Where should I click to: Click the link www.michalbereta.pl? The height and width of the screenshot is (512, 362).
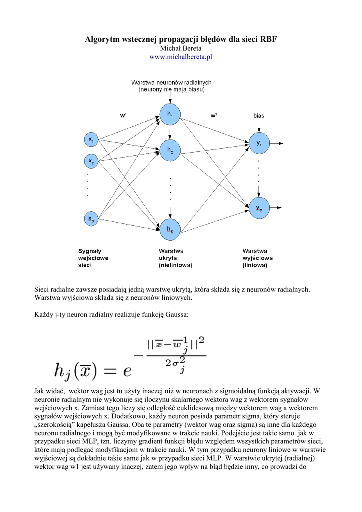click(x=181, y=57)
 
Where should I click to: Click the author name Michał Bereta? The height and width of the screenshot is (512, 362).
click(x=181, y=48)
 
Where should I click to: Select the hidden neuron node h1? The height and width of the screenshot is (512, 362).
click(x=170, y=115)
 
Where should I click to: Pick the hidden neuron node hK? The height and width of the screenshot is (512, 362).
click(x=170, y=229)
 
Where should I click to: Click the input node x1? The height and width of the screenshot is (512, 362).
click(x=91, y=140)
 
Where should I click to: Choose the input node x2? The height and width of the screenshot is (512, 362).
click(x=91, y=161)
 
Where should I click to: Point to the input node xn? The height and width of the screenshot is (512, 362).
click(x=91, y=219)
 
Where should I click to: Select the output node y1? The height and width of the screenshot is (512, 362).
click(x=259, y=143)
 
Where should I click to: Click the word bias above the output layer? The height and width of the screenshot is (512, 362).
click(x=259, y=116)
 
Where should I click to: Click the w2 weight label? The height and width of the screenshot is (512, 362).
click(x=214, y=115)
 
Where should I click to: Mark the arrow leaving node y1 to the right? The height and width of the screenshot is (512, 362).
click(x=278, y=143)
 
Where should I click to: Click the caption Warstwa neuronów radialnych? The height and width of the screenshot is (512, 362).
click(x=171, y=82)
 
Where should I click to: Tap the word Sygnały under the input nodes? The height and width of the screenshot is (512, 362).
click(x=90, y=251)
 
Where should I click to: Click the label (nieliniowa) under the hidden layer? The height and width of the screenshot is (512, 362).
click(x=175, y=266)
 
